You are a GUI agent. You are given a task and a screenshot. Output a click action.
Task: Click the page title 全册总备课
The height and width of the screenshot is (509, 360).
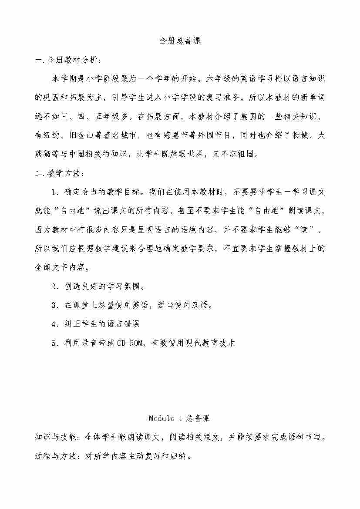pyautogui.click(x=180, y=41)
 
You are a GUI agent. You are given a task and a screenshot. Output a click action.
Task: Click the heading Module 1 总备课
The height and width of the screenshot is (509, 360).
pyautogui.click(x=179, y=418)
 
